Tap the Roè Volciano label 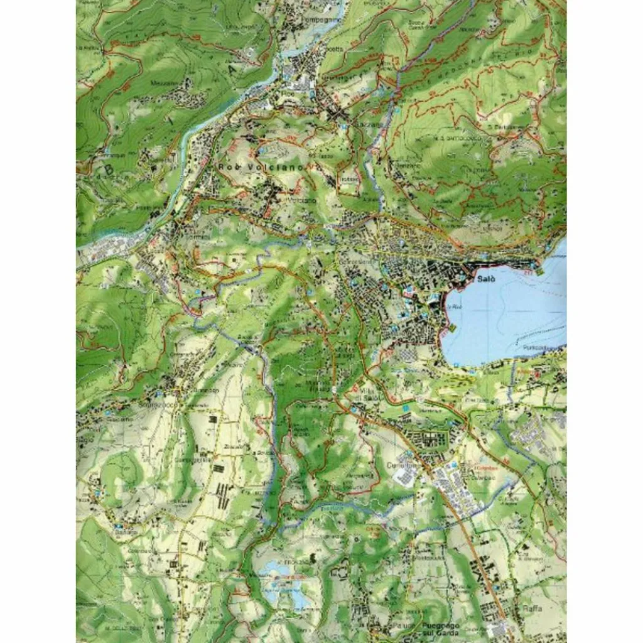(x=261, y=168)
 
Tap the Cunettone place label (x=404, y=465)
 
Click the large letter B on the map (x=109, y=169)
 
